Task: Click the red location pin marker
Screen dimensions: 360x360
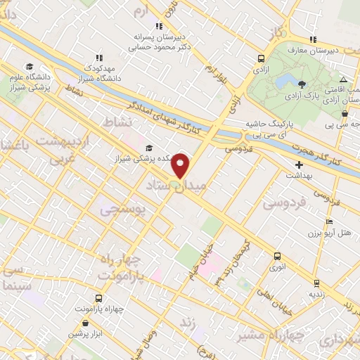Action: click(181, 165)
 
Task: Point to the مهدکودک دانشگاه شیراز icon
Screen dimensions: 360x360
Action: click(98, 57)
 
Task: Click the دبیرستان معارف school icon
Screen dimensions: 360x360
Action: click(311, 39)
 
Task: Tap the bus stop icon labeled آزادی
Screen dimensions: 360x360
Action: click(262, 60)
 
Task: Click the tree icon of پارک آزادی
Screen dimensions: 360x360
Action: click(302, 84)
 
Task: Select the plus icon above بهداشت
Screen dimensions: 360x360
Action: click(298, 164)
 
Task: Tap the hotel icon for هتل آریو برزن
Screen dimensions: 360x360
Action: click(328, 222)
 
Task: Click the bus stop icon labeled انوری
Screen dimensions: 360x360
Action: click(277, 257)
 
